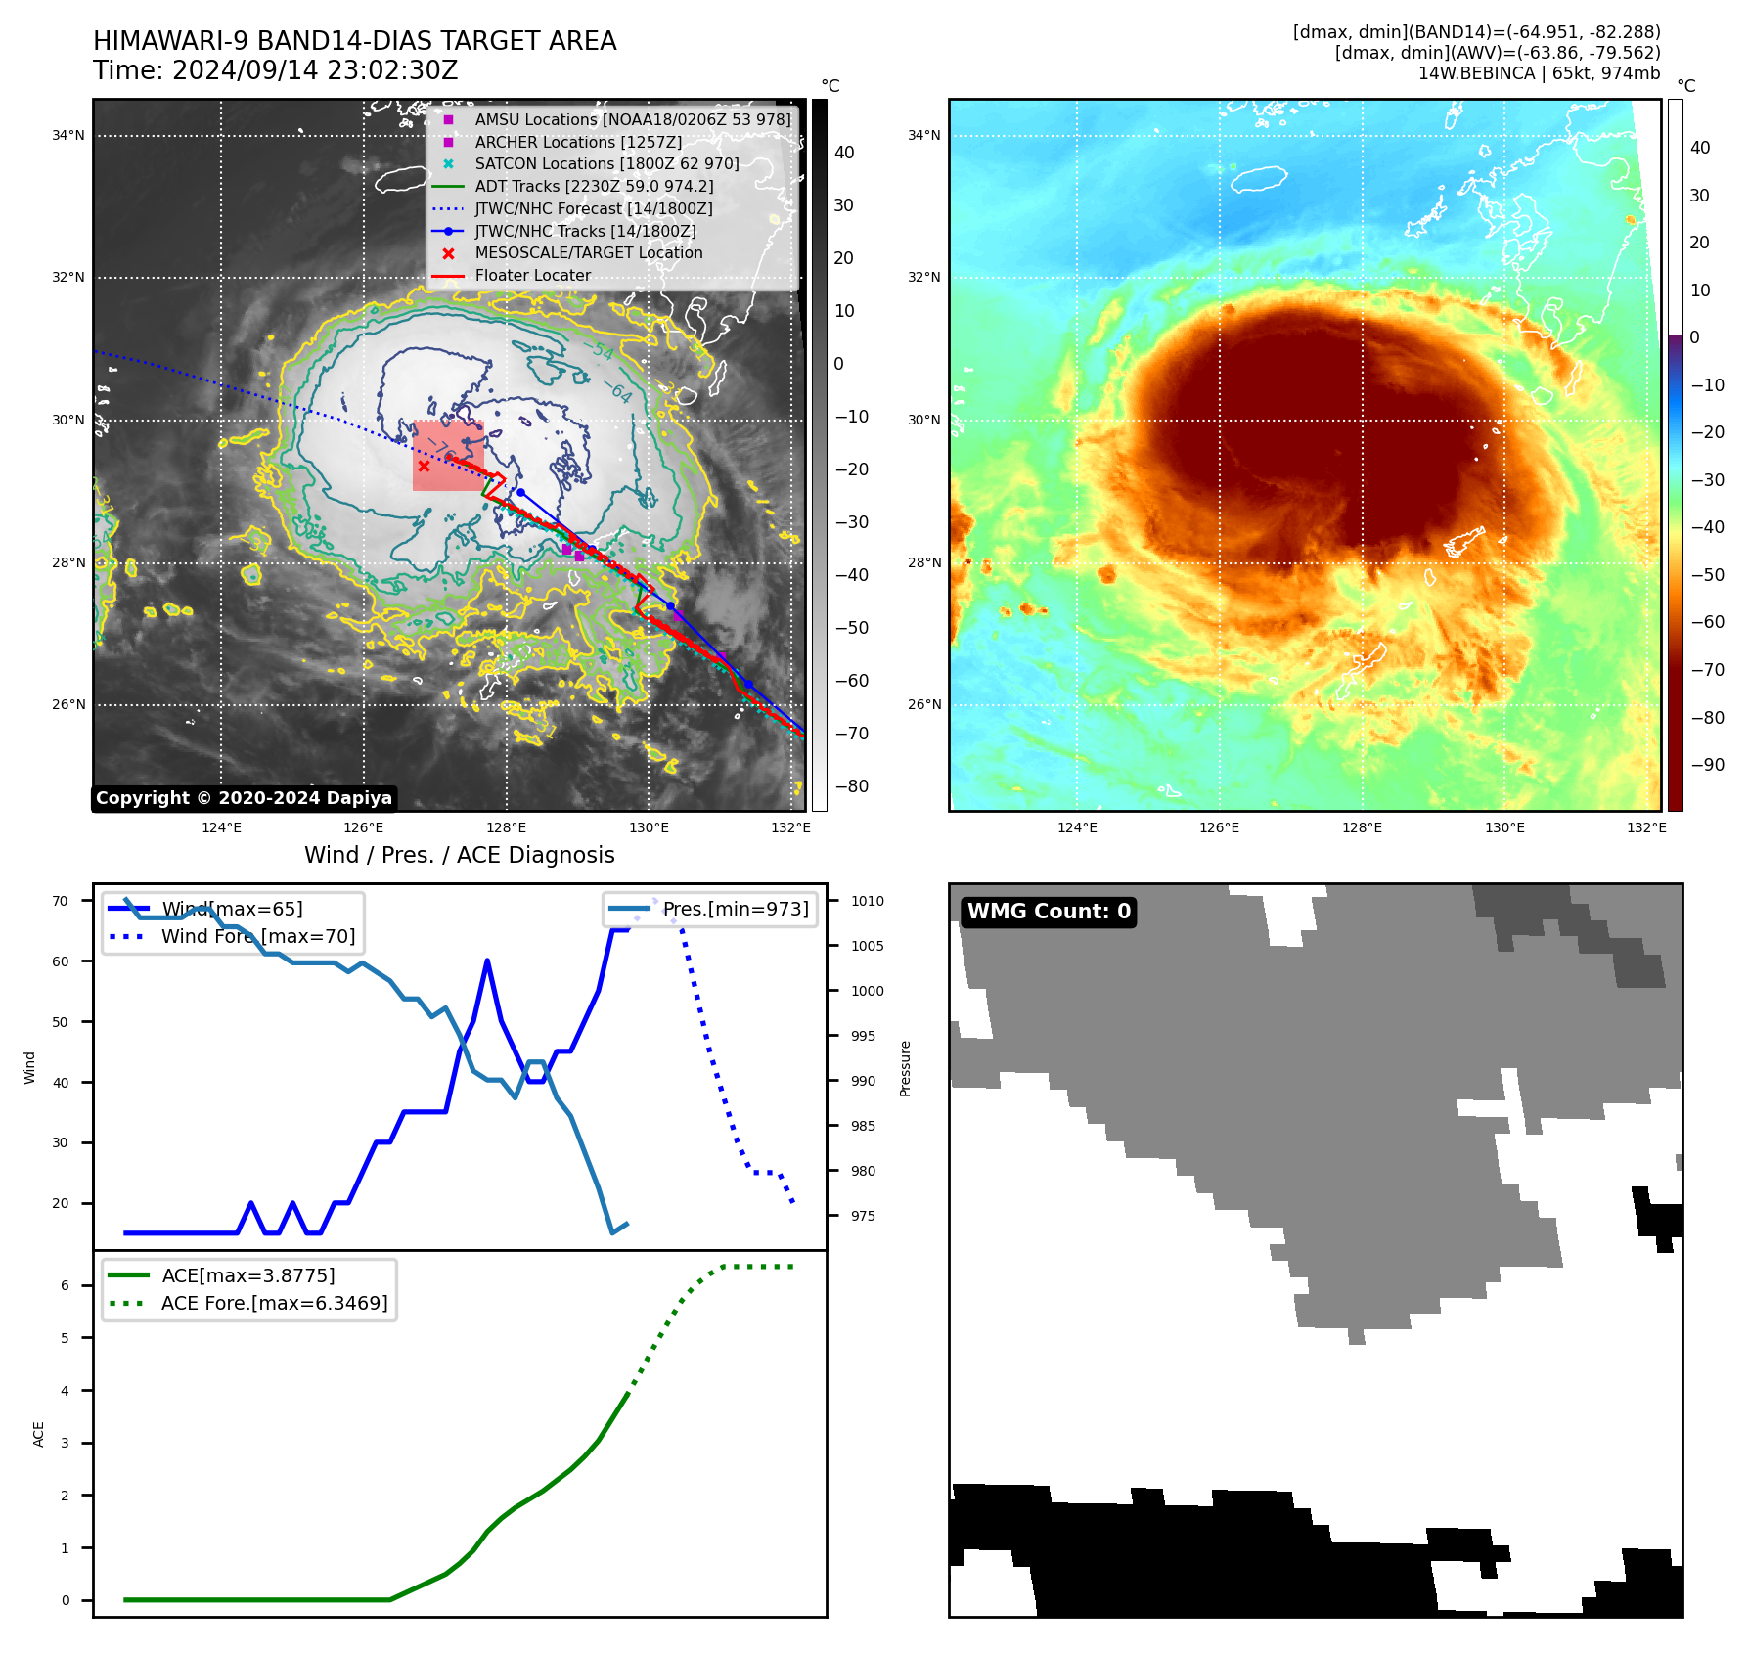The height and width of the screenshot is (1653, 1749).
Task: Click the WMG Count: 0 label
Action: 1049,912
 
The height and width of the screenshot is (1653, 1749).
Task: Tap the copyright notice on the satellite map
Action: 244,798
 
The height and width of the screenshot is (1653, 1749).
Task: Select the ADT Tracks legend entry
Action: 594,186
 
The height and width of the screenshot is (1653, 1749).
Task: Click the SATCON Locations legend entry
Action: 606,163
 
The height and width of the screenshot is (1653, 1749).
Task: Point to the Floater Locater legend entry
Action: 532,276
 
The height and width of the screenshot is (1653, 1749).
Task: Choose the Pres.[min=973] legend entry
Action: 736,909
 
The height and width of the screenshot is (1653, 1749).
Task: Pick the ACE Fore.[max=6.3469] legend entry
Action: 274,1303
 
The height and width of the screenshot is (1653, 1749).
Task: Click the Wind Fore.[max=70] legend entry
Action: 258,936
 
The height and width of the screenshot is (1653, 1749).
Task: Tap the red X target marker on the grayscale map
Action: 424,467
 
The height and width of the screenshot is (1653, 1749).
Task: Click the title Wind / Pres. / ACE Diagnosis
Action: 459,855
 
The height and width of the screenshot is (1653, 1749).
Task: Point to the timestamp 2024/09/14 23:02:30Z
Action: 315,70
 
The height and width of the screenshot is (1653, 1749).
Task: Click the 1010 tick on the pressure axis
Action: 867,901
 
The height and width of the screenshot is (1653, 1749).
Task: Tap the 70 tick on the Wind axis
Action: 61,901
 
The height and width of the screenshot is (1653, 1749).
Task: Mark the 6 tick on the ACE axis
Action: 66,1285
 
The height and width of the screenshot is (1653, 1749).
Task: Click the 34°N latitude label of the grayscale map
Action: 68,136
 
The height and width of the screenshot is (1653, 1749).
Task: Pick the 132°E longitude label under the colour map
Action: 1646,827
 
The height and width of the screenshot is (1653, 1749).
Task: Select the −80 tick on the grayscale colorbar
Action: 851,786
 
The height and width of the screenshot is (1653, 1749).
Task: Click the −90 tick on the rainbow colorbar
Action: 1707,765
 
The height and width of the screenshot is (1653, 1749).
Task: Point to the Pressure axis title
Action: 905,1068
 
